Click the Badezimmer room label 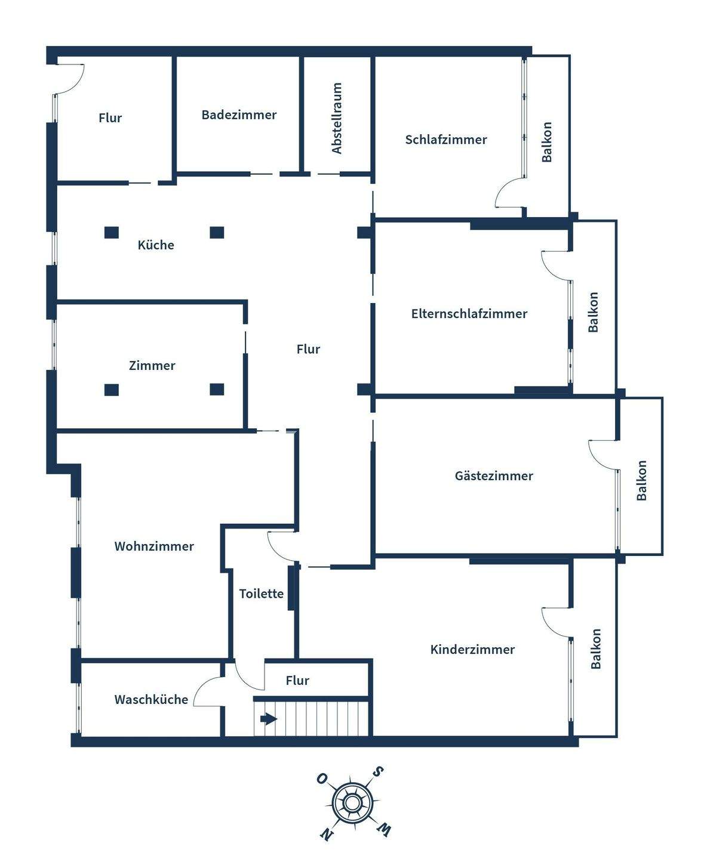(x=239, y=115)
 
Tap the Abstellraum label (x=337, y=118)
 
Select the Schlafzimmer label (x=446, y=140)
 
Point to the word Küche (x=156, y=245)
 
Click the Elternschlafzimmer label (x=469, y=314)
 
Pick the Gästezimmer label (x=494, y=476)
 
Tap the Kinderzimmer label (x=472, y=650)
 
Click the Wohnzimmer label (x=154, y=546)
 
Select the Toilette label (x=262, y=594)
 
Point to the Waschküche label (x=151, y=700)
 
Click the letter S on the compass (x=378, y=772)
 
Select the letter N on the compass (x=326, y=833)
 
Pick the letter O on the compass (x=322, y=779)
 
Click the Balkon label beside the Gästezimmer (x=642, y=481)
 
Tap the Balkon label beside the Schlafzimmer (x=547, y=142)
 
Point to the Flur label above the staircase (x=297, y=681)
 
